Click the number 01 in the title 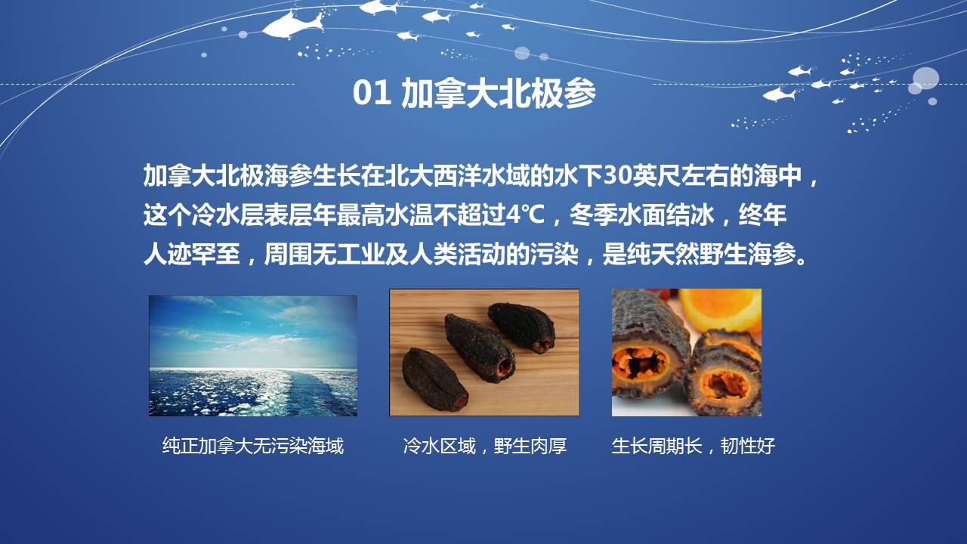point(372,93)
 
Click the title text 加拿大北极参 point(499,93)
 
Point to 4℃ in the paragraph point(525,215)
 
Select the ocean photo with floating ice point(253,356)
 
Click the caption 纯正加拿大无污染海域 point(253,446)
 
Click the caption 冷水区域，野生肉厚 point(485,446)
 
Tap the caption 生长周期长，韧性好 point(694,446)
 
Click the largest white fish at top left point(292,25)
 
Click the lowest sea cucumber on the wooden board point(434,380)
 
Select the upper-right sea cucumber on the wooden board point(521,327)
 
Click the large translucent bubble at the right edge point(925,79)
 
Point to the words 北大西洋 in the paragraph point(433,176)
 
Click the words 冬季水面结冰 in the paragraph point(642,215)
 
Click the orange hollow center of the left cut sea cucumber point(638,363)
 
